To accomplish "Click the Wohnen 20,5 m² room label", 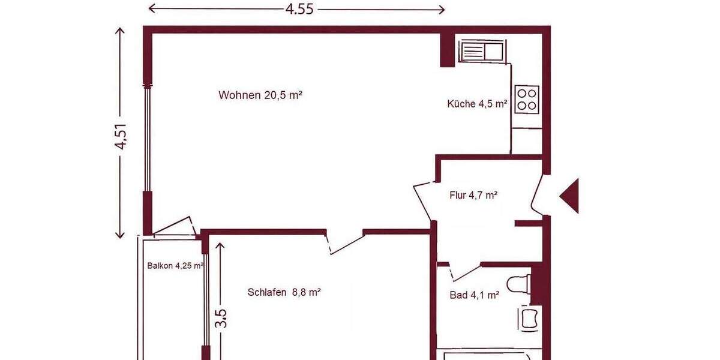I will pos(260,95).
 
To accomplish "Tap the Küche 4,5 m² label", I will pos(478,104).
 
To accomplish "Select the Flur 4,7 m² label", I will pos(473,195).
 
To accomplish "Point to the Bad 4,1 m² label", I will pos(475,295).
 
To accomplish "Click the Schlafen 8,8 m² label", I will pos(284,292).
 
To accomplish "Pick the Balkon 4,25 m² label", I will pos(175,266).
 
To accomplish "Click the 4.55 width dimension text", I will pos(299,9).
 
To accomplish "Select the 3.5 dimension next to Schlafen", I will pos(220,318).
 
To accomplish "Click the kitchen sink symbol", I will pos(482,50).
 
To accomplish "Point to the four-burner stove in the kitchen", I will pos(527,98).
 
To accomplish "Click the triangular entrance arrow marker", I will pos(569,196).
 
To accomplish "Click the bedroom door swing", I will pos(345,242).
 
